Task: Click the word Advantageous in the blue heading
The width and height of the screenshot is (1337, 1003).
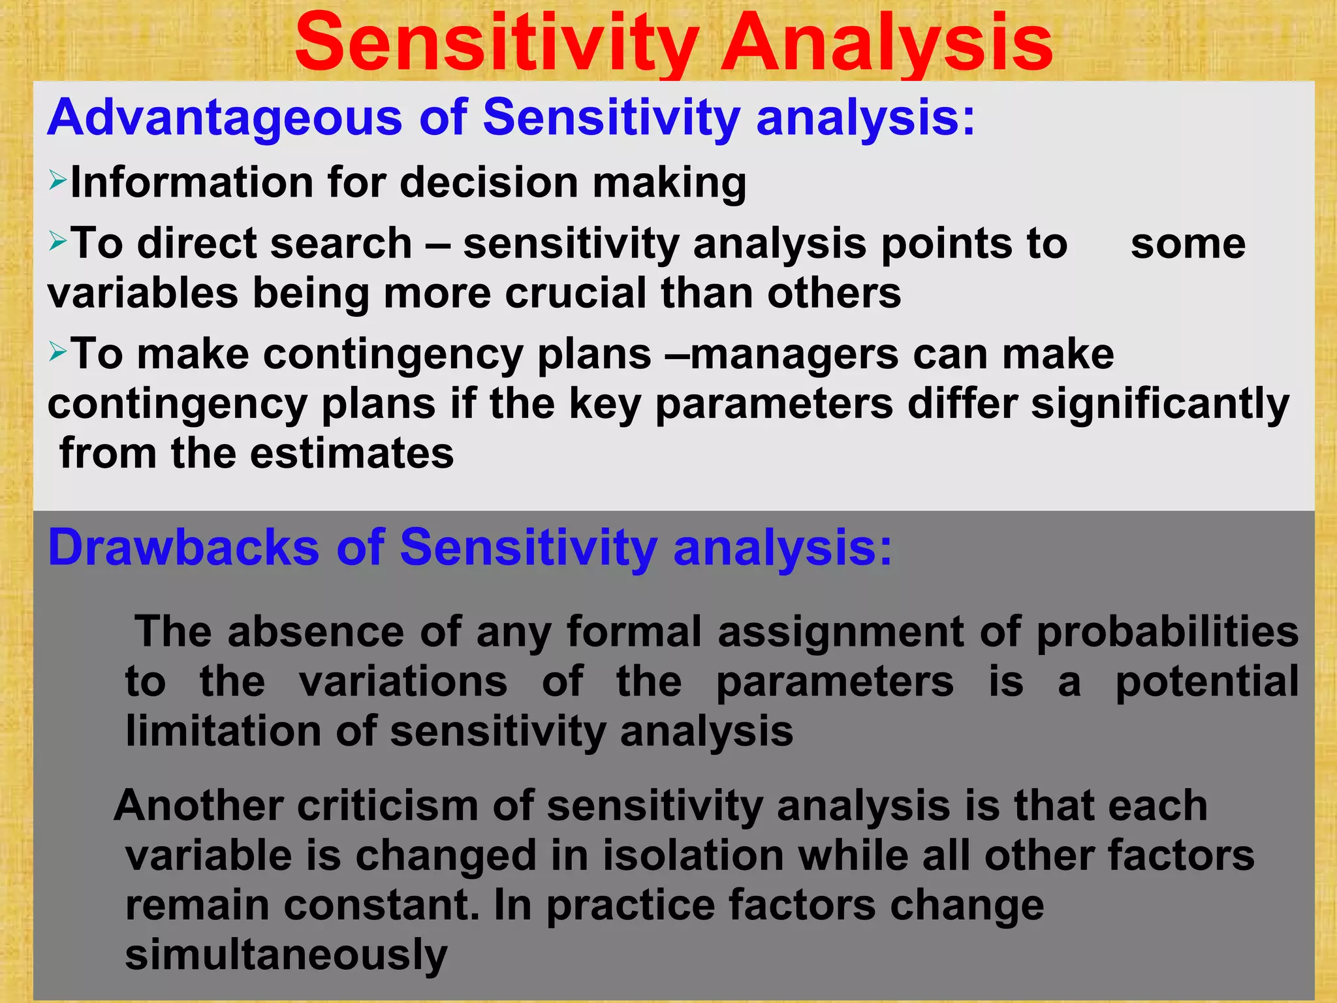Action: [225, 118]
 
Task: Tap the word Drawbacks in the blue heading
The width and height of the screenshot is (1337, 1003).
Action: [183, 547]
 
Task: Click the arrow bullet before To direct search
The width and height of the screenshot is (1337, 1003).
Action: [57, 242]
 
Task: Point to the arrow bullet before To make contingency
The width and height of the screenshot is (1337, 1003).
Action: [57, 352]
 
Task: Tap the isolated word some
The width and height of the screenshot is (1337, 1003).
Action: [1188, 244]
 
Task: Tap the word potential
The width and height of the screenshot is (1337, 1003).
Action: [1206, 682]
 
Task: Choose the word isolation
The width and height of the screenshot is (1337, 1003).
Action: [693, 855]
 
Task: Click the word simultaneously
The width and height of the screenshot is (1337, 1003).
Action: [286, 955]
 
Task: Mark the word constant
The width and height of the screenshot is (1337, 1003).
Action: [381, 906]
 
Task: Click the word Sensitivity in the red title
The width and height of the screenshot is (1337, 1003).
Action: [496, 43]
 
